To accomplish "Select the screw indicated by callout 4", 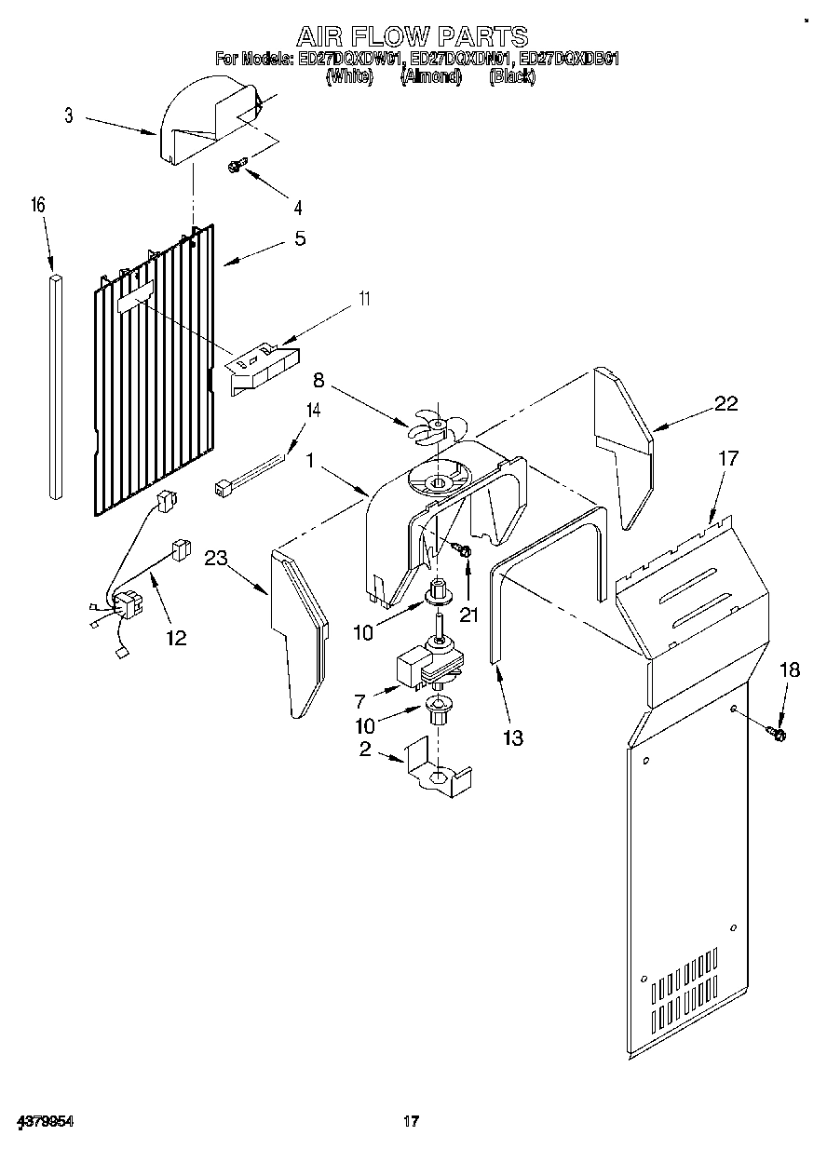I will tap(237, 166).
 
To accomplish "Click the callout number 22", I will tap(725, 403).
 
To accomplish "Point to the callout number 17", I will tap(727, 458).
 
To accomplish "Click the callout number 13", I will tap(512, 738).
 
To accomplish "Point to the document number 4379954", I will tap(44, 1123).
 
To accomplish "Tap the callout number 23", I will tap(216, 559).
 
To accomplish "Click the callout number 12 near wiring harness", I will tap(175, 638).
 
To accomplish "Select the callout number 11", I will tap(364, 300).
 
